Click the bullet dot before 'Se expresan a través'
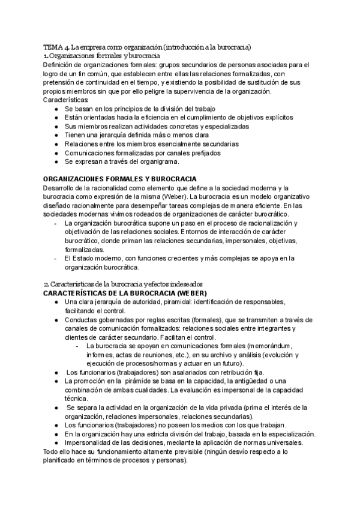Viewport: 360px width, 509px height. [56, 161]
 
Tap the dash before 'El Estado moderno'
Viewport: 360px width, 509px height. [56, 259]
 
